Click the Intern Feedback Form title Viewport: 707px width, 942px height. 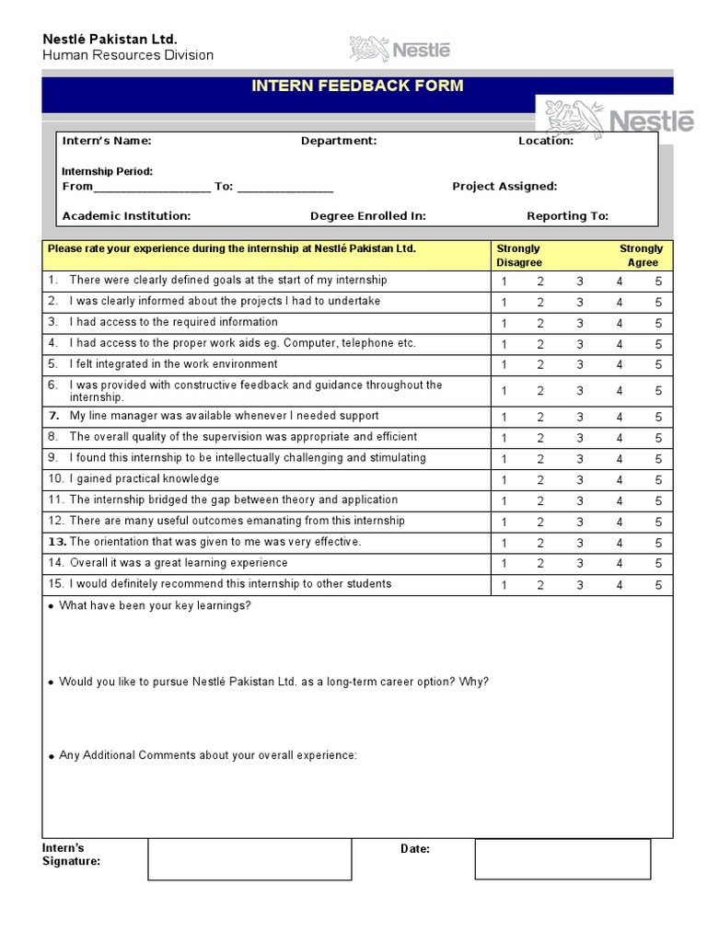pyautogui.click(x=357, y=86)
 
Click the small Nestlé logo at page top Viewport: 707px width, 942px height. pyautogui.click(x=400, y=49)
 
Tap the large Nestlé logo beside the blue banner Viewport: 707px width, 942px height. pyautogui.click(x=619, y=119)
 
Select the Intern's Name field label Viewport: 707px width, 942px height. pyautogui.click(x=107, y=141)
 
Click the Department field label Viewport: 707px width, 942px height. pyautogui.click(x=339, y=141)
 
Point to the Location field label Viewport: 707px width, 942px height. pyautogui.click(x=546, y=141)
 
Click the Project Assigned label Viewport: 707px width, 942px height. pyautogui.click(x=504, y=186)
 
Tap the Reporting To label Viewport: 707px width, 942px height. pyautogui.click(x=567, y=216)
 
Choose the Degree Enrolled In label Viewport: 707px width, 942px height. pyautogui.click(x=368, y=216)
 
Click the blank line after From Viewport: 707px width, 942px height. pyautogui.click(x=152, y=187)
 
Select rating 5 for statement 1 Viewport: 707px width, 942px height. pyautogui.click(x=658, y=281)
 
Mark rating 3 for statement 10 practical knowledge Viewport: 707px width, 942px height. pyautogui.click(x=580, y=480)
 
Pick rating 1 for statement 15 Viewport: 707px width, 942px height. pyautogui.click(x=504, y=586)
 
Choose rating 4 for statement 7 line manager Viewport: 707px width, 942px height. pyautogui.click(x=620, y=418)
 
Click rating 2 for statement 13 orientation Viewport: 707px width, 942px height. pyautogui.click(x=540, y=544)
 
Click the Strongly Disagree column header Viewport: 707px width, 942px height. pyautogui.click(x=519, y=256)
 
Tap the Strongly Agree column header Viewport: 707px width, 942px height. pyautogui.click(x=642, y=256)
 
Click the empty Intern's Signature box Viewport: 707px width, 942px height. pyautogui.click(x=249, y=858)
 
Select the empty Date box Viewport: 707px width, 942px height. pyautogui.click(x=562, y=858)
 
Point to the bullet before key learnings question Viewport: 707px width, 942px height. pyautogui.click(x=51, y=607)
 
